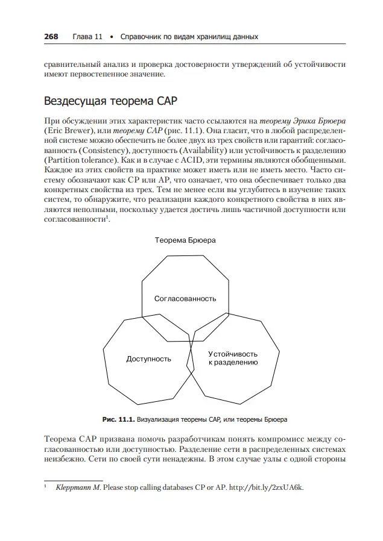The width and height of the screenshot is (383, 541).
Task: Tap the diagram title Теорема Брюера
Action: pyautogui.click(x=185, y=240)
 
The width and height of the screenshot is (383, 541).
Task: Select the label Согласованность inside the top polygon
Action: pyautogui.click(x=185, y=299)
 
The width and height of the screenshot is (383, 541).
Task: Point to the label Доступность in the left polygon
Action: pyautogui.click(x=148, y=359)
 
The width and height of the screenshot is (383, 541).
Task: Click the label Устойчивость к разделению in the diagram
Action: pyautogui.click(x=233, y=358)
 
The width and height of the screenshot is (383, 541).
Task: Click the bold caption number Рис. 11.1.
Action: pyautogui.click(x=118, y=418)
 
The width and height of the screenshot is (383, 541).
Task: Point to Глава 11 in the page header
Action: pyautogui.click(x=87, y=37)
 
